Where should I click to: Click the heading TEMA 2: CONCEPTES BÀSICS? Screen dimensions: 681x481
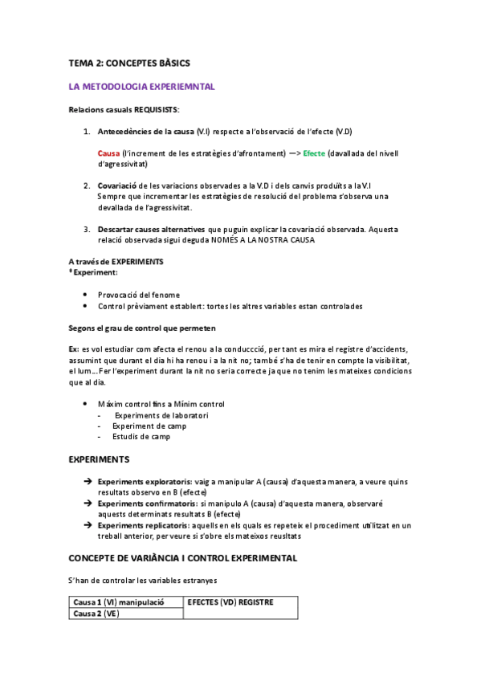point(129,62)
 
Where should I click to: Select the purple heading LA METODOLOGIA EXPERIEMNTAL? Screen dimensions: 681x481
point(141,86)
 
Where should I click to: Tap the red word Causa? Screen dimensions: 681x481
point(108,153)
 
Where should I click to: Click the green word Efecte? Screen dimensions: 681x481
point(314,153)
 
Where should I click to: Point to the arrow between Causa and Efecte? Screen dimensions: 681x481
point(293,153)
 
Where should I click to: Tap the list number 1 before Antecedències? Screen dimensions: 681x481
point(87,131)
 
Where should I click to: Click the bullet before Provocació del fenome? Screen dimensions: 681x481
point(86,295)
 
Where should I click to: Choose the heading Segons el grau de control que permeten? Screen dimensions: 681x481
point(142,328)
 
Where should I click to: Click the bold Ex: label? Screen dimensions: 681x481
point(74,349)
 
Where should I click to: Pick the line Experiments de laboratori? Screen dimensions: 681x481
point(161,415)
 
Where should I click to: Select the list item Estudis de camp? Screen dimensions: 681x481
point(141,437)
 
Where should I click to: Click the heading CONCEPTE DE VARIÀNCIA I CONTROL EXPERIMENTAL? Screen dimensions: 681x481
point(183,557)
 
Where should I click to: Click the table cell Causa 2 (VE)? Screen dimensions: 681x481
point(96,614)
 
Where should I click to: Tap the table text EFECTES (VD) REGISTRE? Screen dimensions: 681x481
point(230,601)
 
